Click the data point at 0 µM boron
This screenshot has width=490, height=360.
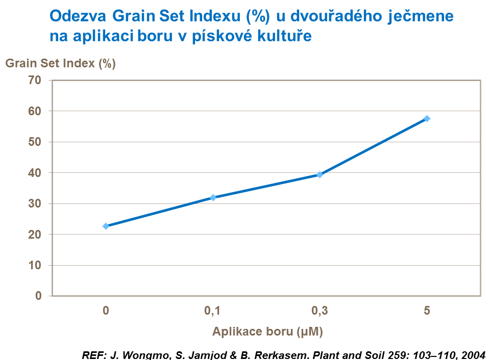pyautogui.click(x=106, y=226)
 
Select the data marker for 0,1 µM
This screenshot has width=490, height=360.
pyautogui.click(x=213, y=197)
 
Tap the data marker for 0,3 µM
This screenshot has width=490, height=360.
pyautogui.click(x=320, y=174)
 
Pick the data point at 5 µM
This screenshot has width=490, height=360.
pyautogui.click(x=427, y=118)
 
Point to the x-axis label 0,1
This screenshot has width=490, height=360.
pyautogui.click(x=213, y=310)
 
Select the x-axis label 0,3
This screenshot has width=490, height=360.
pyautogui.click(x=320, y=310)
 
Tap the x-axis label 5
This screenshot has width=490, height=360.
pyautogui.click(x=427, y=310)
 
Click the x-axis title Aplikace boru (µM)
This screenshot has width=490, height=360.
pyautogui.click(x=267, y=331)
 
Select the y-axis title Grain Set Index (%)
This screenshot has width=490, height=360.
pyautogui.click(x=61, y=64)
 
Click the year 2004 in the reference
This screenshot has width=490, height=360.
pyautogui.click(x=474, y=354)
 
